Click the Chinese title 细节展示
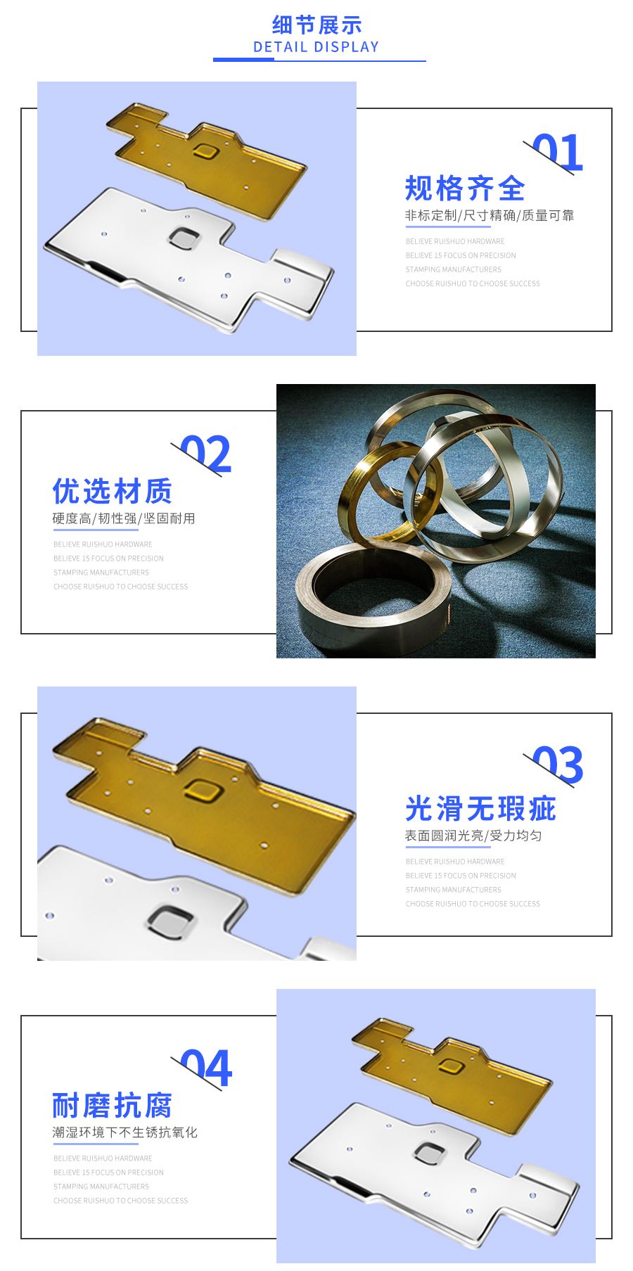316,25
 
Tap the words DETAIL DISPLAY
316,47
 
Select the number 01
558,153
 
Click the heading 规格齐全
465,189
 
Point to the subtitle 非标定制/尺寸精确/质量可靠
490,215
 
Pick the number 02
205,454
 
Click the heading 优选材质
113,492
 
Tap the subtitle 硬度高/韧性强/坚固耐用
124,518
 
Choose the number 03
558,765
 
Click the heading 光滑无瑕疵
480,809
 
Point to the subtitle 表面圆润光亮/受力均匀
473,836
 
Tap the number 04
205,1068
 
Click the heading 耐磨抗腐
113,1106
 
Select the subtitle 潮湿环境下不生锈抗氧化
125,1132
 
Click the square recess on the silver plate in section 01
184,237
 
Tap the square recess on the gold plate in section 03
204,791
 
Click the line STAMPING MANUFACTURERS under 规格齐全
454,269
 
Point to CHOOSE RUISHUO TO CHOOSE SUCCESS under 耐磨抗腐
121,1201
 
